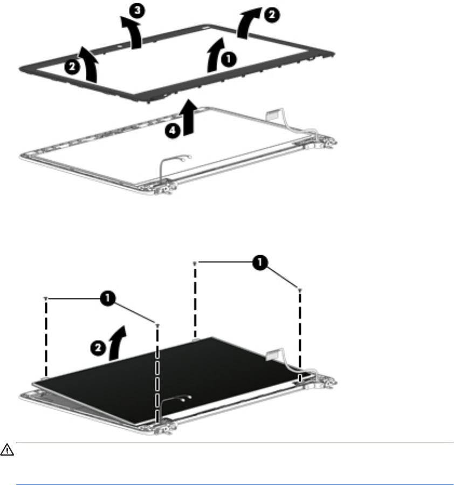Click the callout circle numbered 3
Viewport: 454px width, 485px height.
pyautogui.click(x=137, y=10)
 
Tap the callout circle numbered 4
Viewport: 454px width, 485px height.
pyautogui.click(x=173, y=131)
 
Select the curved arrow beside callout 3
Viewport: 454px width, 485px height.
pyautogui.click(x=132, y=33)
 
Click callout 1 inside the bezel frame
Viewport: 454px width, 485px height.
pyautogui.click(x=229, y=59)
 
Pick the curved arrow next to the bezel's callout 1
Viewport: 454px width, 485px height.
pyautogui.click(x=216, y=55)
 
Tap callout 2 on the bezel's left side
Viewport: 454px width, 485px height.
pyautogui.click(x=72, y=66)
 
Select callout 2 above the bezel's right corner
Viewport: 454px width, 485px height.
pyautogui.click(x=272, y=15)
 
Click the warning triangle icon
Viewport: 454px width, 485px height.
pyautogui.click(x=7, y=450)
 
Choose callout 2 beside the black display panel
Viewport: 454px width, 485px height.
pyautogui.click(x=98, y=348)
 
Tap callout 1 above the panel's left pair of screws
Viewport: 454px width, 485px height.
pyautogui.click(x=108, y=298)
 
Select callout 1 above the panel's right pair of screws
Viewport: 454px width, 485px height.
pyautogui.click(x=260, y=262)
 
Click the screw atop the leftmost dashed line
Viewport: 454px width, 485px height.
pyautogui.click(x=46, y=298)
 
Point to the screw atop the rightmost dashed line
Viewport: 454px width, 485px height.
pyautogui.click(x=300, y=290)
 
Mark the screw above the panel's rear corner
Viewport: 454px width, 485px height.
pyautogui.click(x=195, y=263)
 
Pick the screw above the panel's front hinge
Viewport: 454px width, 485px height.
pyautogui.click(x=157, y=325)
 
